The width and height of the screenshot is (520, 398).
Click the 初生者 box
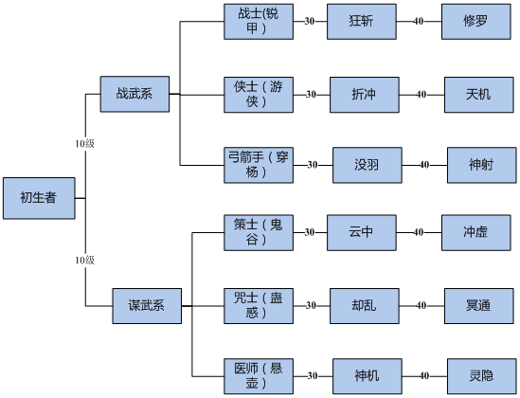coord(39,198)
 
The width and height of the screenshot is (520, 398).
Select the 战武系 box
coord(134,94)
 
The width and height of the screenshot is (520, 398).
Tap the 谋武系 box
coord(147,306)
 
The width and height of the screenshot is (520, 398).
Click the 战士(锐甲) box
coord(259,22)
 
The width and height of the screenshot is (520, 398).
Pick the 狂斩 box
coord(362,22)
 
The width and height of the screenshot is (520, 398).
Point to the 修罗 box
coord(475,22)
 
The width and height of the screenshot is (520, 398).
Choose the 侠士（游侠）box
coord(259,95)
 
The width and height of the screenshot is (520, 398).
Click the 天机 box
coord(479,95)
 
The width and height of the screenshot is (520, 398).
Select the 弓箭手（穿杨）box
coord(259,165)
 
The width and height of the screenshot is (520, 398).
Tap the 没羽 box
coord(368,165)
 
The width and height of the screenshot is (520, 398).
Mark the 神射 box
coord(482,165)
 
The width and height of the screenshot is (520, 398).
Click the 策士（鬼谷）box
coord(259,232)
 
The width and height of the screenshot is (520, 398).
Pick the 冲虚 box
coord(475,232)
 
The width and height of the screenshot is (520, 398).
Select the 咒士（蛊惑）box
coord(259,306)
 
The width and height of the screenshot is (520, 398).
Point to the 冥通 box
coord(479,306)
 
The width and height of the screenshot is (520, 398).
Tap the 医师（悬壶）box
coord(259,376)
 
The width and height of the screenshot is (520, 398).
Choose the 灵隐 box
coord(482,376)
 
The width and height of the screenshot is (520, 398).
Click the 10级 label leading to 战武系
coord(85,144)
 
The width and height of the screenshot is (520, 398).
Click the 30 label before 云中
coord(310,232)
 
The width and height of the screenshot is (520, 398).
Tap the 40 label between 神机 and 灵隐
coord(424,376)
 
